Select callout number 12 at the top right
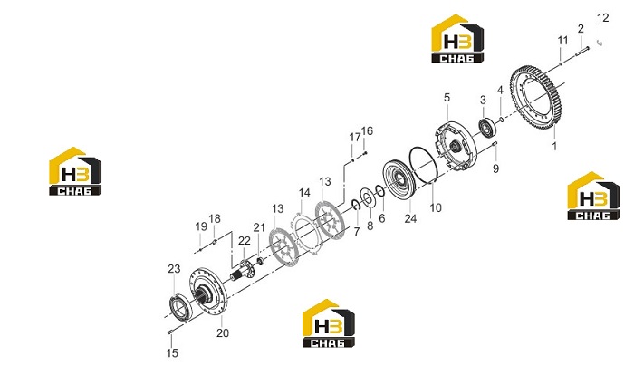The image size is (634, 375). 602,18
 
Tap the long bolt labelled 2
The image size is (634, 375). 582,50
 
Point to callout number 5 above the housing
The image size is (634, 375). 447,98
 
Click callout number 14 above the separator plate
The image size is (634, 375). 304,193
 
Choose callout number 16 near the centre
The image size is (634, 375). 367,131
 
